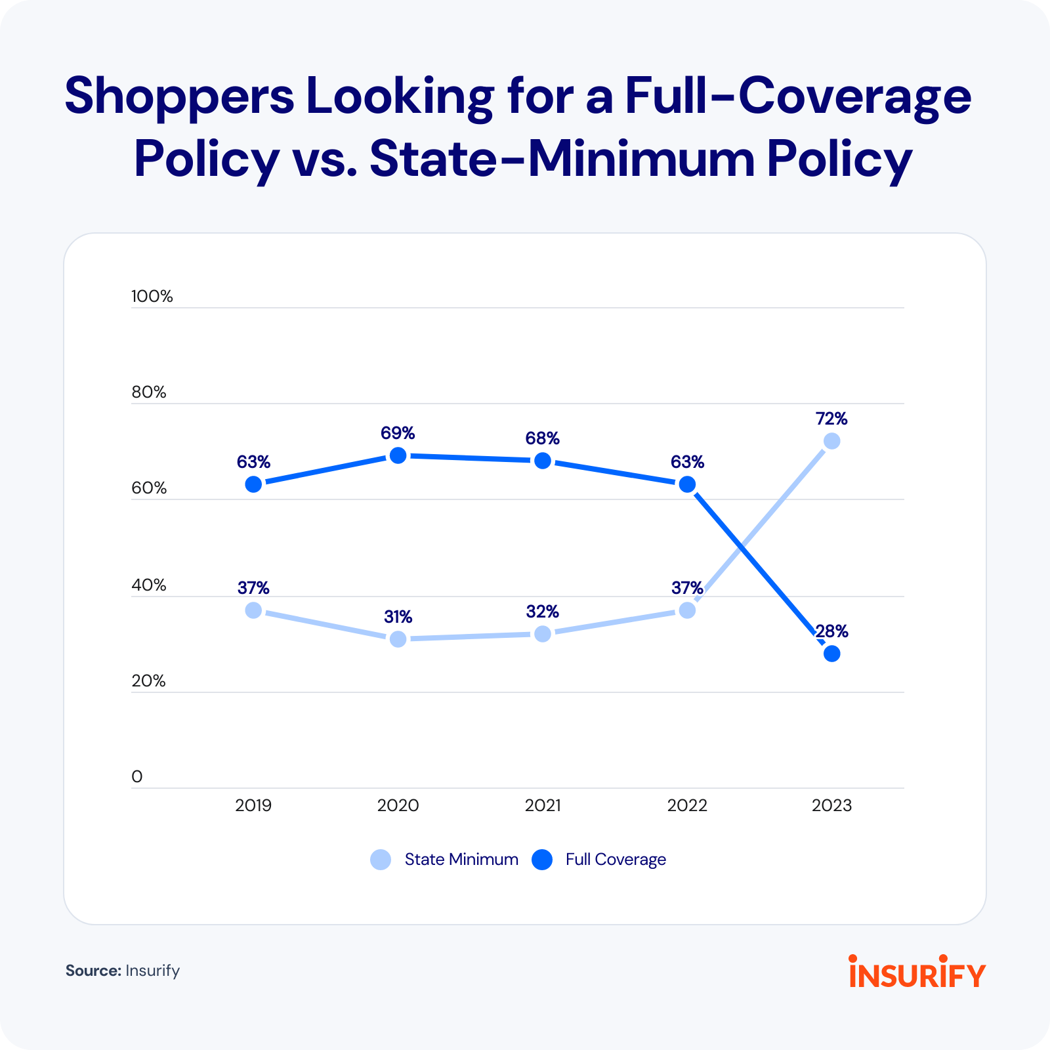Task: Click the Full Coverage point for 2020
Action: tap(398, 455)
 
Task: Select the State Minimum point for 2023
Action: tap(831, 441)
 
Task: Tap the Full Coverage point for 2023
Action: tap(831, 654)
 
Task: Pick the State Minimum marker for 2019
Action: tap(253, 610)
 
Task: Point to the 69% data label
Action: tap(398, 433)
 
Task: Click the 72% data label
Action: tap(831, 419)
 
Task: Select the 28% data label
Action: tap(832, 631)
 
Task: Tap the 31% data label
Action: tap(398, 617)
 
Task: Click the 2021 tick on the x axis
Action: tap(543, 805)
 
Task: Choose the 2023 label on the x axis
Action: tap(831, 805)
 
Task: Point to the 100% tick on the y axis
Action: tap(152, 296)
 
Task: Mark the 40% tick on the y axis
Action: tap(149, 585)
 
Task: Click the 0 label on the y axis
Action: tap(137, 777)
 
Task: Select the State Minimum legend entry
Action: tap(445, 860)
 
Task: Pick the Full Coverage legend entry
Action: tap(600, 860)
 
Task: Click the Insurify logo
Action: tap(917, 972)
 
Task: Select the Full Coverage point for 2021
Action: tap(543, 461)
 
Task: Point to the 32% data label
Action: tap(543, 612)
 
